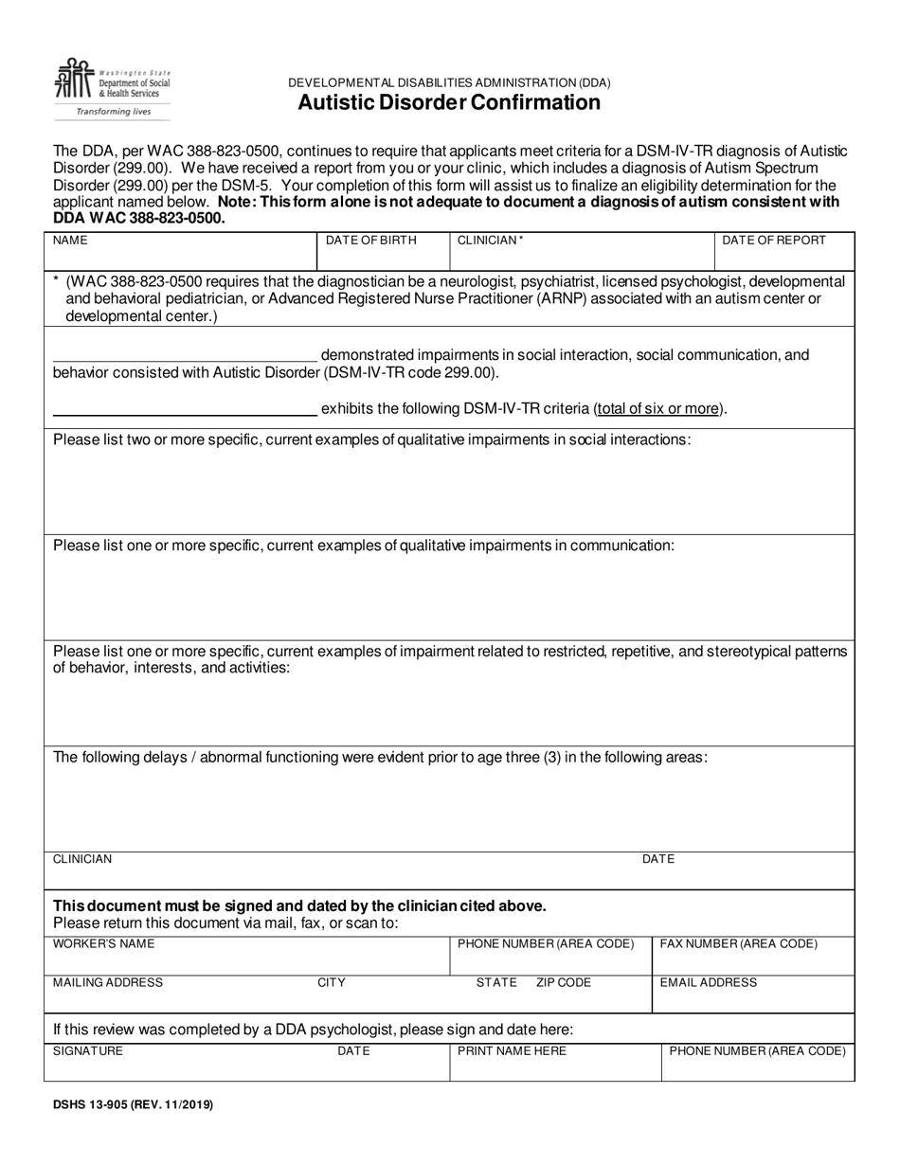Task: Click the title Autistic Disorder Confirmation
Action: coord(449,102)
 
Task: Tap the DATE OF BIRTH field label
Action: coord(370,241)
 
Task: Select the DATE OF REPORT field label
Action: coord(774,241)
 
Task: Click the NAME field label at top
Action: coord(70,241)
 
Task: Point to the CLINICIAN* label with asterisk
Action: coord(491,241)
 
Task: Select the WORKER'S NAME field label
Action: coord(103,944)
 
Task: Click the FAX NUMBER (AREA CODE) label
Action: coord(739,944)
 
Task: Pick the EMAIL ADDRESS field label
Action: coord(709,982)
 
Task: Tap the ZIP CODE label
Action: coord(564,982)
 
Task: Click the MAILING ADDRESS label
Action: coord(108,982)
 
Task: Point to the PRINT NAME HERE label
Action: coord(512,1051)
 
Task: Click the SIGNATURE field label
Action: coord(88,1051)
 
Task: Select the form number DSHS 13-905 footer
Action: coord(133,1104)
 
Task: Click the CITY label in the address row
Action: coord(332,982)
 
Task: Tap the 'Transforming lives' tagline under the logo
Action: coord(114,111)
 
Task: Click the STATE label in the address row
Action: coord(496,982)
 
